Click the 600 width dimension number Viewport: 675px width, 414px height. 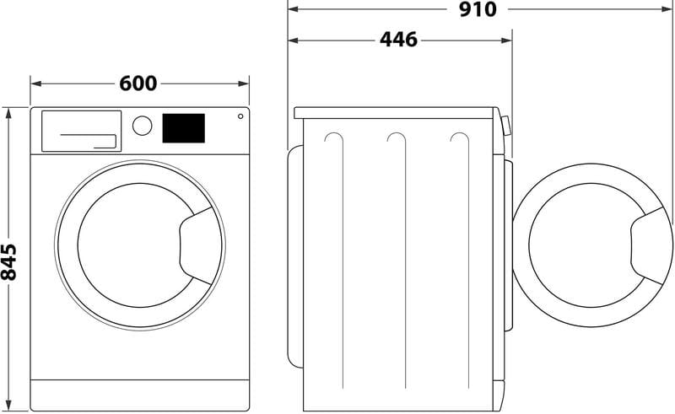(138, 83)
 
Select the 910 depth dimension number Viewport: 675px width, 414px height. (478, 9)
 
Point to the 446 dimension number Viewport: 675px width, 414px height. (398, 40)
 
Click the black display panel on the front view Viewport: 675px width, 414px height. (183, 128)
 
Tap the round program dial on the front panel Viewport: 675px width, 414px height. (143, 126)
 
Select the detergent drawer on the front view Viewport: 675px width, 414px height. (81, 131)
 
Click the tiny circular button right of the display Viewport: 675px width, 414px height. (240, 116)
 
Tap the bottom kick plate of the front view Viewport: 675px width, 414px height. (140, 392)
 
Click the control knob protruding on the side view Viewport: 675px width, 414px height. (505, 126)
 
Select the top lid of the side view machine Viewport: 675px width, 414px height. (395, 112)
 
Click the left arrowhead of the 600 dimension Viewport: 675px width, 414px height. (35, 83)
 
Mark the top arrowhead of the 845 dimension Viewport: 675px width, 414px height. (9, 111)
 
